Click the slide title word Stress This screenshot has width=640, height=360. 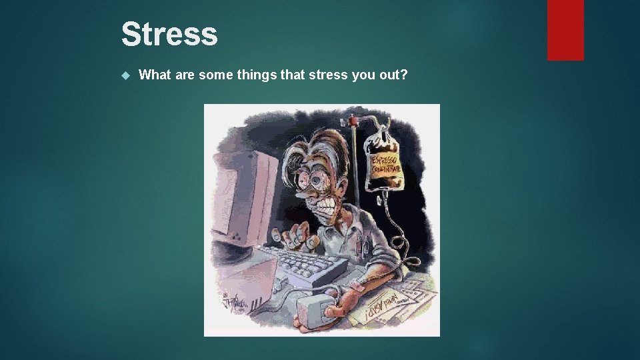169,35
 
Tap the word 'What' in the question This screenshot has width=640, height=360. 155,75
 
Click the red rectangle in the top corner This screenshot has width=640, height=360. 565,30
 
